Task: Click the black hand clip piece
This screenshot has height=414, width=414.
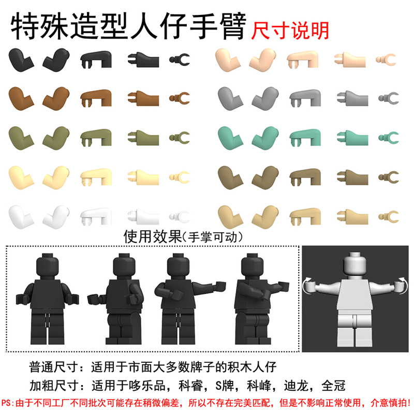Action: (x=180, y=60)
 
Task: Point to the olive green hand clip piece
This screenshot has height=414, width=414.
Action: (x=180, y=137)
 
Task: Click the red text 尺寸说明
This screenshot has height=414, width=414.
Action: (x=290, y=29)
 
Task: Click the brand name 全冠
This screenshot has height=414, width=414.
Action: (x=338, y=386)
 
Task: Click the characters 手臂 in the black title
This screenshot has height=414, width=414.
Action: (x=221, y=26)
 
